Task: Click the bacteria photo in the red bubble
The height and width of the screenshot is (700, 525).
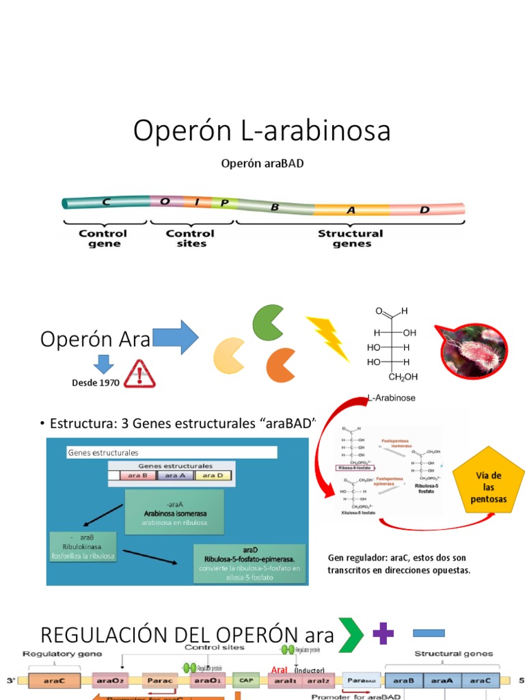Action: coord(472,349)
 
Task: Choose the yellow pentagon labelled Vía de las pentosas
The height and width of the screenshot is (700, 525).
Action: coord(489,487)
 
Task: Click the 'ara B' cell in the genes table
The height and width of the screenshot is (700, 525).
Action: coord(139,475)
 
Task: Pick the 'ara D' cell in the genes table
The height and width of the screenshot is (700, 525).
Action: coord(213,475)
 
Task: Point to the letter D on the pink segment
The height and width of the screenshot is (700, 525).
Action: coord(425,210)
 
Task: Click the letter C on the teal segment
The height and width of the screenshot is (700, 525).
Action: coord(106,202)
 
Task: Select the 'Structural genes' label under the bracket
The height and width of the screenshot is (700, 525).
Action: coord(350,239)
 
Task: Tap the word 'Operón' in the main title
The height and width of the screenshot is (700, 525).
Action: coord(180,131)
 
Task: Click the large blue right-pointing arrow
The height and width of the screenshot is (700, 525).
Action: coord(175,338)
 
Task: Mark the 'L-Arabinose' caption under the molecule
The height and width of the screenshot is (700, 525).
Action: coord(392,397)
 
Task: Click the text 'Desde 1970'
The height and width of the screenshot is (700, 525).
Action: coord(96,383)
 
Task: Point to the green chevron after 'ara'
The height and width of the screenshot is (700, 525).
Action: coord(351,635)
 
